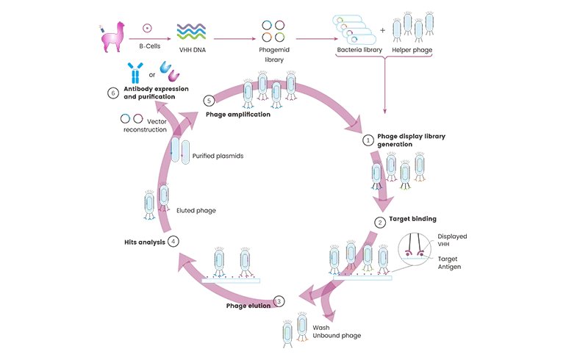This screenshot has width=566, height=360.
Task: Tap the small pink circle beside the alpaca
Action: coord(147,29)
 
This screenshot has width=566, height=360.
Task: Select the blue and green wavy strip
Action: coord(191,32)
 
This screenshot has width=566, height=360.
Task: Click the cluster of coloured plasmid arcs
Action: coord(272,31)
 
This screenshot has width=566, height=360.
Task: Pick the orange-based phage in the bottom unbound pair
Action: coord(301,330)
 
